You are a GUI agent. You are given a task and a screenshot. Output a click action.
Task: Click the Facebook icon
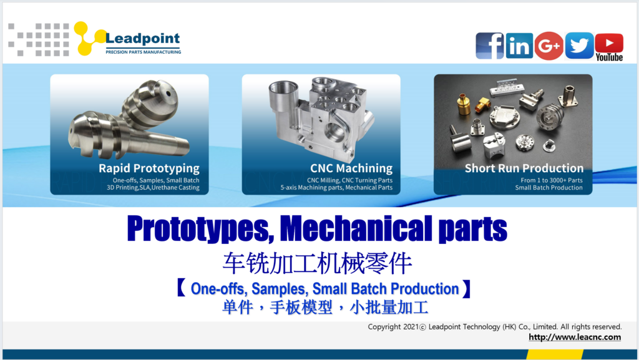490,46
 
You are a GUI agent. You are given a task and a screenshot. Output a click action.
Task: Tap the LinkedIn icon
519,46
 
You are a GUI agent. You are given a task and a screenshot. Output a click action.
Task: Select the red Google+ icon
549,46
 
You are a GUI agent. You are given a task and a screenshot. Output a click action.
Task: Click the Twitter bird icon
579,46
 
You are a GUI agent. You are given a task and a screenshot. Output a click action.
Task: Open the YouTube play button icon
609,43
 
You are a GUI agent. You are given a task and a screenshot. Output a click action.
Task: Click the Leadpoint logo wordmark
142,39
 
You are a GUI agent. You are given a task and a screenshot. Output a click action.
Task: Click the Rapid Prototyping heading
149,168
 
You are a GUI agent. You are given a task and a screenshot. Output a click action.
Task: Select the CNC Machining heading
351,168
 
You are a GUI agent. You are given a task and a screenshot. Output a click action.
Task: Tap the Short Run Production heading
524,168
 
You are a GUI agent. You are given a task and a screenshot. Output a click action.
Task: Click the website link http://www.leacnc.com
575,337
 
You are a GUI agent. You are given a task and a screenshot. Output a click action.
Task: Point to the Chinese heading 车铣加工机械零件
317,263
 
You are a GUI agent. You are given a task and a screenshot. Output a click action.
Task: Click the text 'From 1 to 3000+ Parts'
552,180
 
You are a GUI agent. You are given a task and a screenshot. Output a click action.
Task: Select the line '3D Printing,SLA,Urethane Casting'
154,188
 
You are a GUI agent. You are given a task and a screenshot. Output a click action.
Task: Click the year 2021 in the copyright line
411,327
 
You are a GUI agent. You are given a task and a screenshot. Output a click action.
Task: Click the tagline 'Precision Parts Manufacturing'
144,52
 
